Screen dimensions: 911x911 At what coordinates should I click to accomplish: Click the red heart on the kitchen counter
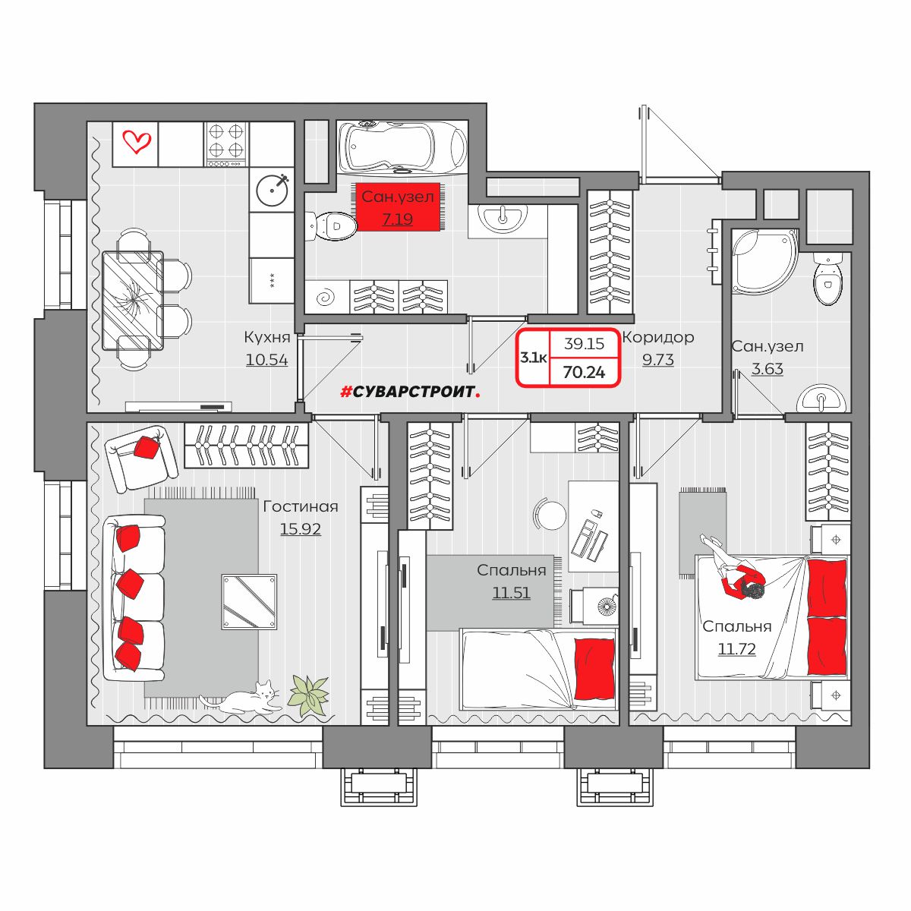(x=136, y=141)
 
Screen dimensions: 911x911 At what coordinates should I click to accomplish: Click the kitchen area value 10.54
(x=266, y=361)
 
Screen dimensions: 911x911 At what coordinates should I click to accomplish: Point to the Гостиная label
(x=301, y=507)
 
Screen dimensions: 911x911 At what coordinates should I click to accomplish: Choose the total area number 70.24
(x=584, y=373)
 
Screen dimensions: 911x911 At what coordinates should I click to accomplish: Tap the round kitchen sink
(x=273, y=190)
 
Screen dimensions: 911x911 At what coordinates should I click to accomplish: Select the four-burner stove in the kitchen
(x=226, y=144)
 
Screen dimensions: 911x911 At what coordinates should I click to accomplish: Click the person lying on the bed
(x=733, y=574)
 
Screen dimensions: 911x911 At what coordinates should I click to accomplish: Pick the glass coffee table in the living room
(x=249, y=602)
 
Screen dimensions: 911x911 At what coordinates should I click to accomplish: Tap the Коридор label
(x=658, y=338)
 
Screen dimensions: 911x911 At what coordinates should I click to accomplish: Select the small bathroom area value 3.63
(x=768, y=369)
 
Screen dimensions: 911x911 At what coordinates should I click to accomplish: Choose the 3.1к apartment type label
(x=533, y=358)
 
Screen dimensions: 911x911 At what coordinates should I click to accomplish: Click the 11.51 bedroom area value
(x=511, y=593)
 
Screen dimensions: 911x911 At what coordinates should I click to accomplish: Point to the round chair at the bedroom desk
(x=550, y=515)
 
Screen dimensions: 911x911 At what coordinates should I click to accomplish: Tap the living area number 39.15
(x=584, y=344)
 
